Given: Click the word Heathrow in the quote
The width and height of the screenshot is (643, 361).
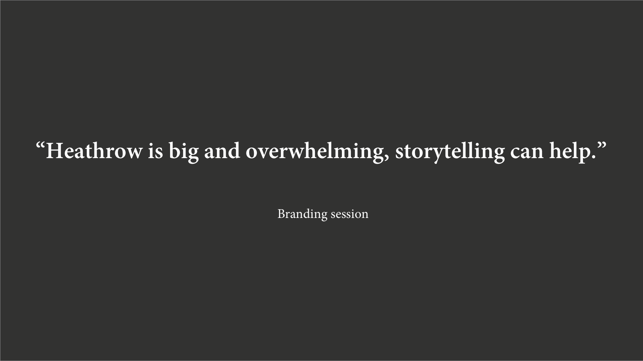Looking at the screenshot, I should click(94, 151).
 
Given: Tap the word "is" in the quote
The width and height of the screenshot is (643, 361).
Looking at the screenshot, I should click(155, 151).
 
